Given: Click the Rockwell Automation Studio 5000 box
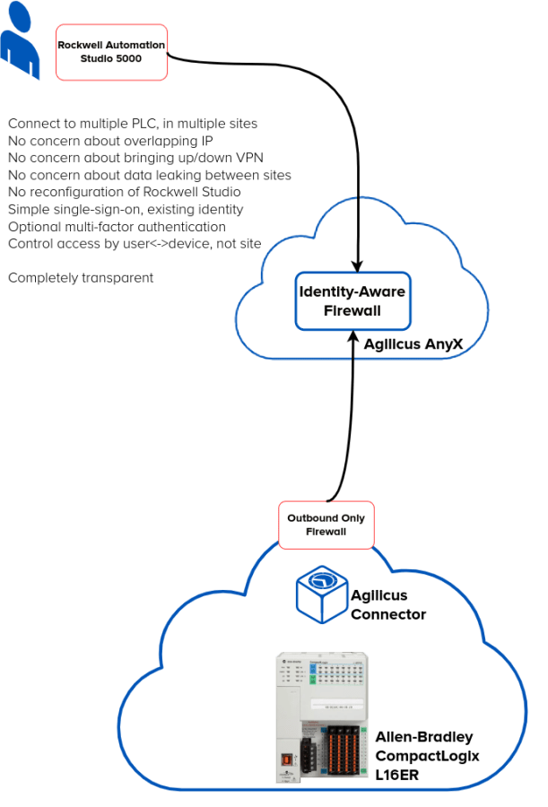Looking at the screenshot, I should coord(111,51).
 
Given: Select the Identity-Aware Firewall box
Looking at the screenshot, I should coord(352,302).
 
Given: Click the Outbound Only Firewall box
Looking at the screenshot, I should coord(326,525).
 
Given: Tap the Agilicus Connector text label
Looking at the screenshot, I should coord(388,603).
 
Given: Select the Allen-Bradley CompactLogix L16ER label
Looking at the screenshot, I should coord(427,755).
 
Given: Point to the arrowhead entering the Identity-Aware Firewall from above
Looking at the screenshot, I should coord(357,265).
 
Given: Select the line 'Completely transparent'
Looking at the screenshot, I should coord(81,278).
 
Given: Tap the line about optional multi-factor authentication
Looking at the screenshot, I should coord(116,227).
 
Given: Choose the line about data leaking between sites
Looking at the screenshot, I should coord(149,176).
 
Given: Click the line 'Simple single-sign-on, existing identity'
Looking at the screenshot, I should coord(126,210).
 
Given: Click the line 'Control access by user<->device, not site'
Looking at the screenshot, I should coord(134,244).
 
